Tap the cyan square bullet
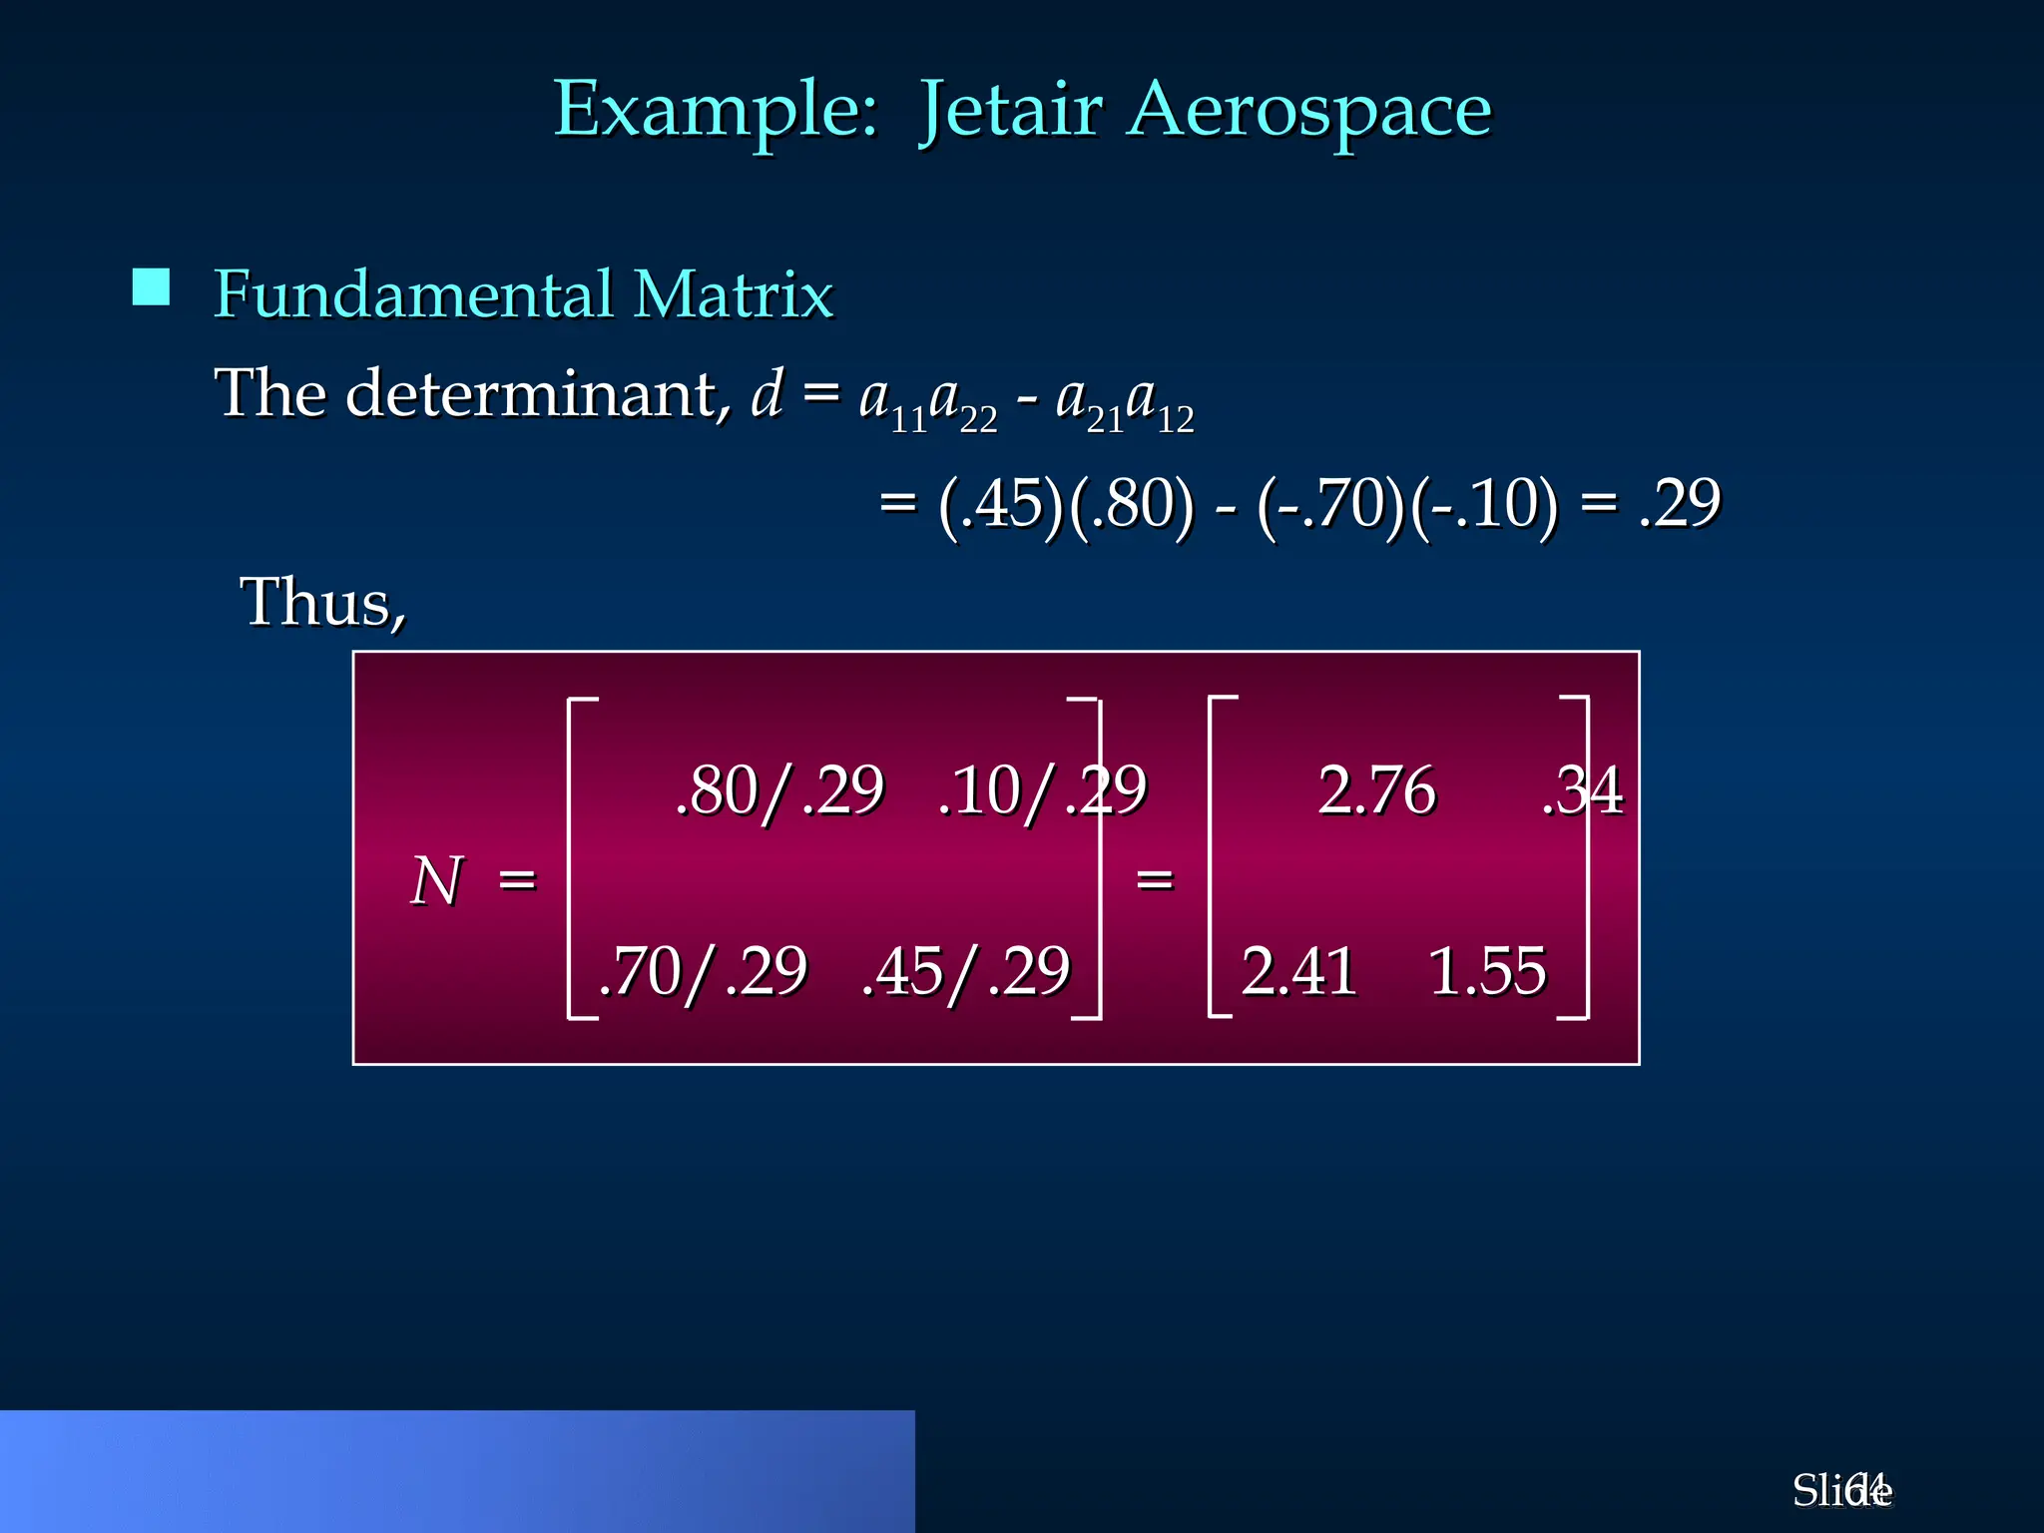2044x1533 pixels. pos(151,287)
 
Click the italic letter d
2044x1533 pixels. pos(766,393)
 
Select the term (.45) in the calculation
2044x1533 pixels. pos(1001,503)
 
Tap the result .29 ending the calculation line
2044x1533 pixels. pos(1680,503)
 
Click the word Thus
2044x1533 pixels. pos(321,603)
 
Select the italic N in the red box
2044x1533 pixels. pos(437,881)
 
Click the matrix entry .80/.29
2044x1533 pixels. pos(779,790)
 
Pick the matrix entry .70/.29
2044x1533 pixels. pos(703,971)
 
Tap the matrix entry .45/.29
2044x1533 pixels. pos(966,971)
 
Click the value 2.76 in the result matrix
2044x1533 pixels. pos(1376,790)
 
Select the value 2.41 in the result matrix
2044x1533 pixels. pos(1298,971)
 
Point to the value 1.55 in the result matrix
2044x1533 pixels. pos(1487,971)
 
